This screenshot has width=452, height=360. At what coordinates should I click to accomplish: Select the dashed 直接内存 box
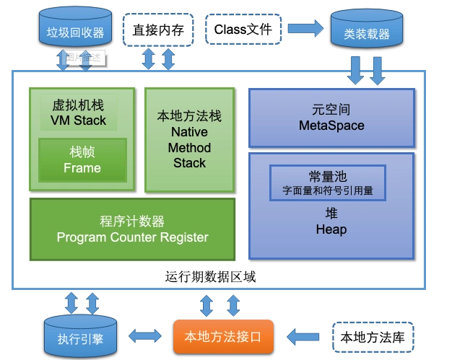tap(159, 30)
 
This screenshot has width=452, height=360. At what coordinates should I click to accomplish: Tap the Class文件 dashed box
tap(243, 30)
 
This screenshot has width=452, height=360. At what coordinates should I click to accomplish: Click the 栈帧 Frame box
tap(82, 160)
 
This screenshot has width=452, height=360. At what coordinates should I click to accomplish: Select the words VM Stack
tap(79, 120)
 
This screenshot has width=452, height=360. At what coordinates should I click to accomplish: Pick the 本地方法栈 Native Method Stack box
tap(190, 140)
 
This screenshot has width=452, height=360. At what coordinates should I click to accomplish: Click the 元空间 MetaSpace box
tap(331, 118)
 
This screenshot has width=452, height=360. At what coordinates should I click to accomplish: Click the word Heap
tap(331, 229)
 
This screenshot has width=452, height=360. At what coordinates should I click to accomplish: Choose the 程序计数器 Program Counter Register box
tap(132, 229)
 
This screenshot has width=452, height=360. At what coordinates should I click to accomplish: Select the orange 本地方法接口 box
tap(223, 335)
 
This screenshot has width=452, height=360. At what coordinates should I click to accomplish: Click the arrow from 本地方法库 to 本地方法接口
tap(304, 335)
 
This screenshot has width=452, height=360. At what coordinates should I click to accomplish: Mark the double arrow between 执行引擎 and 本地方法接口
tap(146, 335)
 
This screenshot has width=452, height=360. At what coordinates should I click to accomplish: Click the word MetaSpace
tap(331, 126)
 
